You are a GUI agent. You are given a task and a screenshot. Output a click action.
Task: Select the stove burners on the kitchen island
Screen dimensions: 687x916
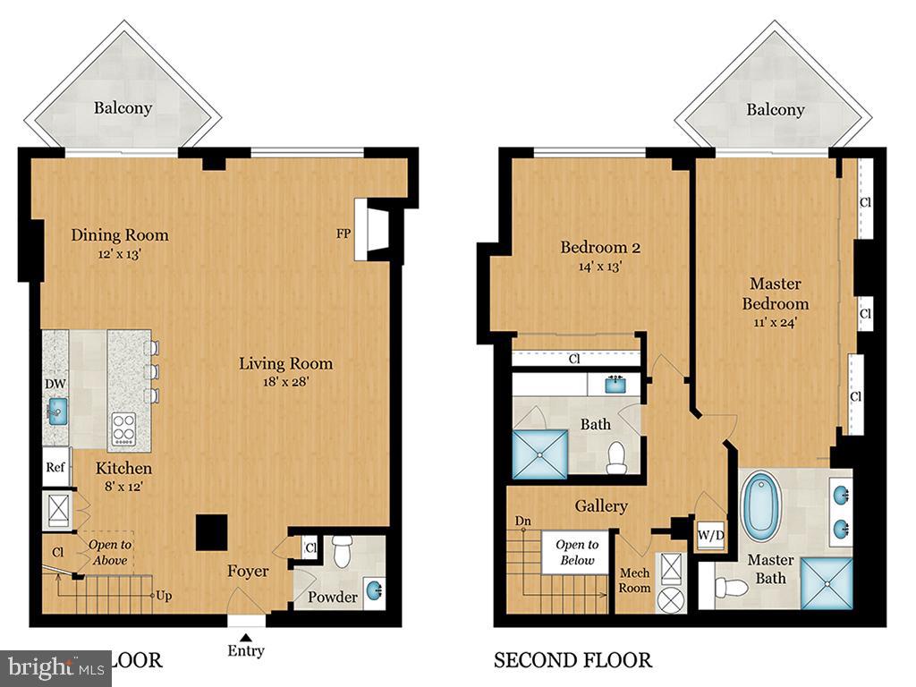pyautogui.click(x=123, y=428)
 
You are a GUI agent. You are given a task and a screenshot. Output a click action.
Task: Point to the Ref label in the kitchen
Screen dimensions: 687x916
pyautogui.click(x=55, y=466)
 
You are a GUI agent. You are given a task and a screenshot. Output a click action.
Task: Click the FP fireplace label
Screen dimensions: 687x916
pyautogui.click(x=343, y=235)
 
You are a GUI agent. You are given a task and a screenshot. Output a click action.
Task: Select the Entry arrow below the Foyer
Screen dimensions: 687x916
pyautogui.click(x=246, y=635)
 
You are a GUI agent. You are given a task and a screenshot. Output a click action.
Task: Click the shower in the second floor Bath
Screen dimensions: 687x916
pyautogui.click(x=539, y=453)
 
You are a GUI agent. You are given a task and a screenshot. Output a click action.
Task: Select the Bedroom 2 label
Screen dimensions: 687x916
pyautogui.click(x=600, y=247)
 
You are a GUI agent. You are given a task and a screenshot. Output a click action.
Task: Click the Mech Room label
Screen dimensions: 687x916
pyautogui.click(x=634, y=580)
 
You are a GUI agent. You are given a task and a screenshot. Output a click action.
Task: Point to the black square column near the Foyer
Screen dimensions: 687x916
pyautogui.click(x=212, y=532)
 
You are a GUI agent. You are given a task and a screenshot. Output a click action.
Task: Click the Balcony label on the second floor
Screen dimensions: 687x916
pyautogui.click(x=776, y=109)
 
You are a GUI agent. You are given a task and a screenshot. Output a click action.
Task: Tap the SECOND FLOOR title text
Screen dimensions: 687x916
pyautogui.click(x=572, y=660)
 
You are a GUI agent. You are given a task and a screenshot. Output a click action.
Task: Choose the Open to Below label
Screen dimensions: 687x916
pyautogui.click(x=577, y=552)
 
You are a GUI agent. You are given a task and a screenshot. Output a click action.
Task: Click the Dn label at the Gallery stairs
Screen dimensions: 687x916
pyautogui.click(x=522, y=521)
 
